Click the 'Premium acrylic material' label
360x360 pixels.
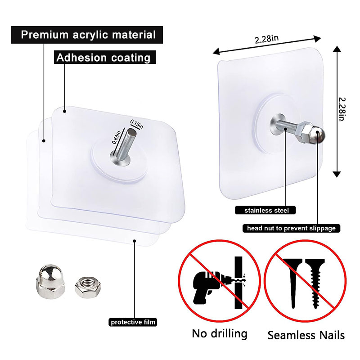(x=89, y=35)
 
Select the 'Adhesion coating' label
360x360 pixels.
(x=103, y=58)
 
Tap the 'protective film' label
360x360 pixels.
(x=134, y=322)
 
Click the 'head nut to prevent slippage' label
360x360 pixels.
(x=291, y=228)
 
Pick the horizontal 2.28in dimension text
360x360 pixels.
(x=266, y=39)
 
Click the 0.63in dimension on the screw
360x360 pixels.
(x=116, y=136)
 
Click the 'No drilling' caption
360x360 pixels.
(x=220, y=334)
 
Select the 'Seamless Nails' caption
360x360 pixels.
(x=306, y=335)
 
